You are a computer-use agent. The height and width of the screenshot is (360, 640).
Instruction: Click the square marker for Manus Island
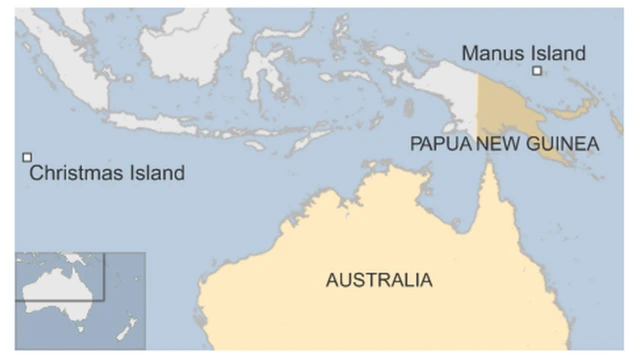pyautogui.click(x=537, y=71)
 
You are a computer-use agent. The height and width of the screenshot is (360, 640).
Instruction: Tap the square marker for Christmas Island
pyautogui.click(x=28, y=157)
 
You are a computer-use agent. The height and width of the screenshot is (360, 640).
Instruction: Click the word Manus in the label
pyautogui.click(x=491, y=54)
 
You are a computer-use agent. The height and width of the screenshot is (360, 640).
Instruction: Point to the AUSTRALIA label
pyautogui.click(x=379, y=280)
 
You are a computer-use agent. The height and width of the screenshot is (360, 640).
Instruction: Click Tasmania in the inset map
pyautogui.click(x=78, y=325)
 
